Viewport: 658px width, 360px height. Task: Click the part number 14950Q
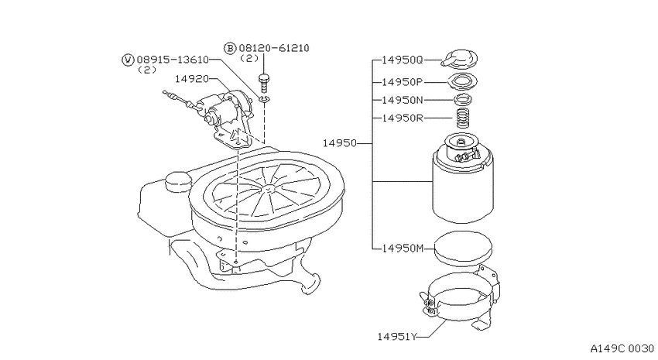pos(402,60)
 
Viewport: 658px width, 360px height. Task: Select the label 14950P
pos(402,82)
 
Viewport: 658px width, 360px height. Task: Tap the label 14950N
pos(402,101)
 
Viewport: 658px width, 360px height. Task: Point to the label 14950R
pos(402,118)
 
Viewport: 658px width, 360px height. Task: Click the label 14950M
pos(403,249)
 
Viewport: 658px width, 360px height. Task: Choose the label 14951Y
pos(397,337)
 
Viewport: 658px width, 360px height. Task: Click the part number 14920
pos(192,78)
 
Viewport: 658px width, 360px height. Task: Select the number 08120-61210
pos(274,48)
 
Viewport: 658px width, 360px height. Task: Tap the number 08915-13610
pos(173,60)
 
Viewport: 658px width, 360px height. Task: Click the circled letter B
pos(231,48)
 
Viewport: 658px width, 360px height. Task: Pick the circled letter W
pos(128,60)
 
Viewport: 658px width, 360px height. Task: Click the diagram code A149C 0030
pos(622,348)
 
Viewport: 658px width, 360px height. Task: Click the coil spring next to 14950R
pos(462,118)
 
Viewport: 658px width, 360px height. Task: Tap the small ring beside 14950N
pos(462,100)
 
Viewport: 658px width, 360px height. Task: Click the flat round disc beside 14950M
pos(463,248)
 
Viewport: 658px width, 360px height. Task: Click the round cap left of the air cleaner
pos(178,180)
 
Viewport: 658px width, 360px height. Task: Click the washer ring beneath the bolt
pos(265,99)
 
